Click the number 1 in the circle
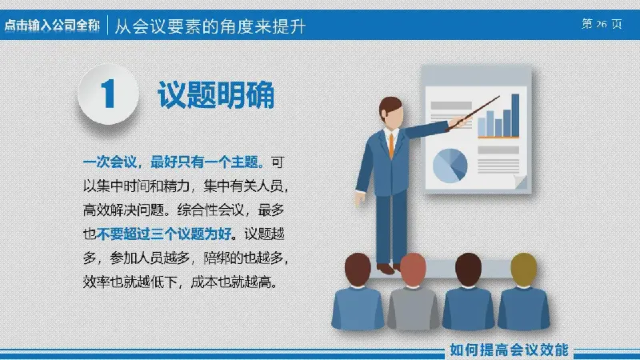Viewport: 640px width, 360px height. point(108,94)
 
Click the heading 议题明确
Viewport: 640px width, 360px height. point(216,95)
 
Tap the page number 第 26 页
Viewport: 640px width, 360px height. point(602,24)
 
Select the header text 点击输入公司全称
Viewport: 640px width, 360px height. point(52,26)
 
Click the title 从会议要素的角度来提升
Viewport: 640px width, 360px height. point(210,26)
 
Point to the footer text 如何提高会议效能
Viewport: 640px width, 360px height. point(509,350)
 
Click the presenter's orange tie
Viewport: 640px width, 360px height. point(391,146)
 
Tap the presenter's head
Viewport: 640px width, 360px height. point(391,112)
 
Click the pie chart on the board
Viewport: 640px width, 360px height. point(450,166)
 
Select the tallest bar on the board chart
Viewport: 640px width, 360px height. point(515,115)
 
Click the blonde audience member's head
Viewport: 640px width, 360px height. point(524,268)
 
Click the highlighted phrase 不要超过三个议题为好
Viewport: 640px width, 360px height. point(164,234)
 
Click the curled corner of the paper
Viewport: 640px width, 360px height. point(521,182)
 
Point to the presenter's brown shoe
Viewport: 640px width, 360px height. point(385,269)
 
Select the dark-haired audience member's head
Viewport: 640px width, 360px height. point(468,268)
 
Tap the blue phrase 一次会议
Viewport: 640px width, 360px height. point(110,162)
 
